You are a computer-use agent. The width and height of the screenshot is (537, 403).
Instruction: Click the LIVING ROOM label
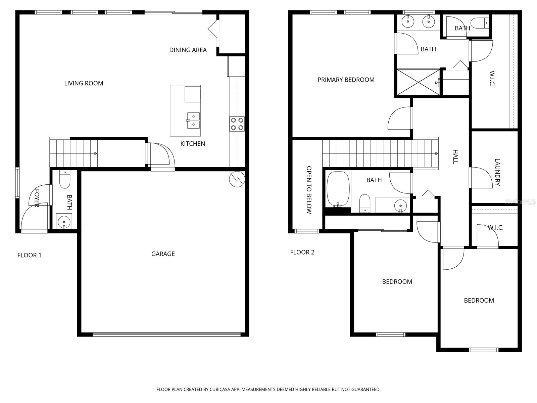[84, 83]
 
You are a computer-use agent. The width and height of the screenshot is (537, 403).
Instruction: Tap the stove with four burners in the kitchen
[237, 124]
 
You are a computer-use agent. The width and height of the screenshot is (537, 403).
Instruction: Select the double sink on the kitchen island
[193, 121]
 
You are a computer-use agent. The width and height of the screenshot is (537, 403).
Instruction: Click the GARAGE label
[163, 254]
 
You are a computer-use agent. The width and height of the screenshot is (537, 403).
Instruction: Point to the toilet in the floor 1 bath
[64, 180]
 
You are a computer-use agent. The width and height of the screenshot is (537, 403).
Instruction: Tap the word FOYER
[37, 198]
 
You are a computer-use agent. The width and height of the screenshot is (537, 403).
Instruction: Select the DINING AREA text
[188, 50]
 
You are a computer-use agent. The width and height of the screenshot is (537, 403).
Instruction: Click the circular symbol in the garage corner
[237, 179]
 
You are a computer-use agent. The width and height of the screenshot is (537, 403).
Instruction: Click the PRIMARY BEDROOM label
[346, 80]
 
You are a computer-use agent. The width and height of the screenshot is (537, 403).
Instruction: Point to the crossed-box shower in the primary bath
[418, 82]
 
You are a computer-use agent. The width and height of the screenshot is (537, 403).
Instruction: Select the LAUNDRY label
[497, 172]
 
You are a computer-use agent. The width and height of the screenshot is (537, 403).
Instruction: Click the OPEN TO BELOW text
[309, 190]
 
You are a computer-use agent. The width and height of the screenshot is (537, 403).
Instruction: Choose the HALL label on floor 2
[455, 157]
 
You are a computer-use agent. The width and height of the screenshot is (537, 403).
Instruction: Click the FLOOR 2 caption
[302, 253]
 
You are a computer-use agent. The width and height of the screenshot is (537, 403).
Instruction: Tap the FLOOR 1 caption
[29, 256]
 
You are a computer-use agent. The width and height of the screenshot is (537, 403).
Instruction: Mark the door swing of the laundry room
[481, 177]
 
